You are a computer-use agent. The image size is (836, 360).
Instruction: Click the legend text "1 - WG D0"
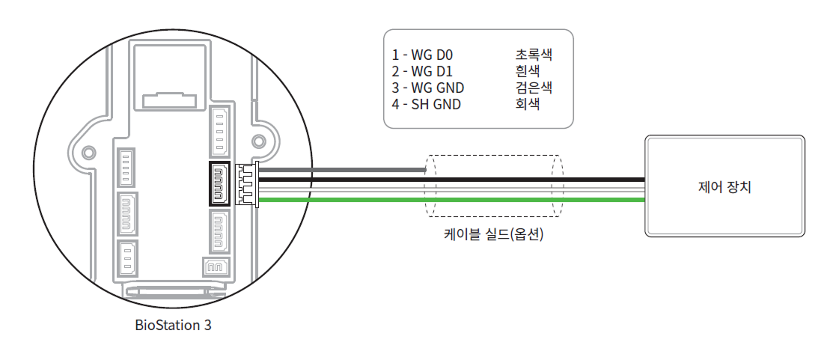click(x=422, y=55)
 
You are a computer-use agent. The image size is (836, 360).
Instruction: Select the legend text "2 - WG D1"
click(x=422, y=71)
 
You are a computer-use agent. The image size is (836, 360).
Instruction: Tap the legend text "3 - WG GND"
click(x=427, y=88)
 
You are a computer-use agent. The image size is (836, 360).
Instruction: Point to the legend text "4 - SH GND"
click(x=426, y=104)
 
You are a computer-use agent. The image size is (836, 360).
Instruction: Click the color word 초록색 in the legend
click(x=533, y=55)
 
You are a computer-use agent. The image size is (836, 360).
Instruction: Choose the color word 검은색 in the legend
click(x=533, y=88)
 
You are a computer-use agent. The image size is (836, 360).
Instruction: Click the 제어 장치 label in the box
click(x=724, y=186)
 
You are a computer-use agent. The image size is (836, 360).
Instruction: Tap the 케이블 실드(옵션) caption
click(x=493, y=235)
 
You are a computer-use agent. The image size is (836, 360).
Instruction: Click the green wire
click(x=449, y=200)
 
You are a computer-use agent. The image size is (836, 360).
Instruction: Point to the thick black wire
click(x=449, y=180)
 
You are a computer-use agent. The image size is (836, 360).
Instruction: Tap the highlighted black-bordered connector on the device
click(x=220, y=184)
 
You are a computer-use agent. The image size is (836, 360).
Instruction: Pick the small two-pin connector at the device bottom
click(x=215, y=266)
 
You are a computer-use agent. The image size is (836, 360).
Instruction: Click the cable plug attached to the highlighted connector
click(x=245, y=184)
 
